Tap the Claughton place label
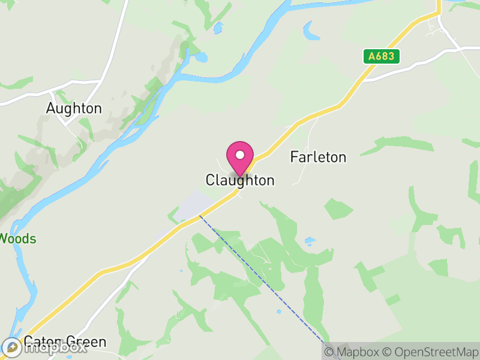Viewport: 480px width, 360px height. [x=240, y=180]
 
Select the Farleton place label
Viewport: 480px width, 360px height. [x=318, y=157]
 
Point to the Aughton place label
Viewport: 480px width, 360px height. [x=74, y=109]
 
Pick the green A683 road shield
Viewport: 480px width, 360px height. [x=382, y=56]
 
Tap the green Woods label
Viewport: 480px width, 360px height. [x=18, y=239]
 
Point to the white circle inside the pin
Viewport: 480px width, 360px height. [x=240, y=154]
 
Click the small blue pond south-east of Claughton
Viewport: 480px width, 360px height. [x=310, y=241]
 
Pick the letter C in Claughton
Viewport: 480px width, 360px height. [x=210, y=180]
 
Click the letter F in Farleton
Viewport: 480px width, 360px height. [x=294, y=157]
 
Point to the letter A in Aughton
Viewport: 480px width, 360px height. [x=51, y=109]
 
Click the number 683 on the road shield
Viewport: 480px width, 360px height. [x=385, y=56]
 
